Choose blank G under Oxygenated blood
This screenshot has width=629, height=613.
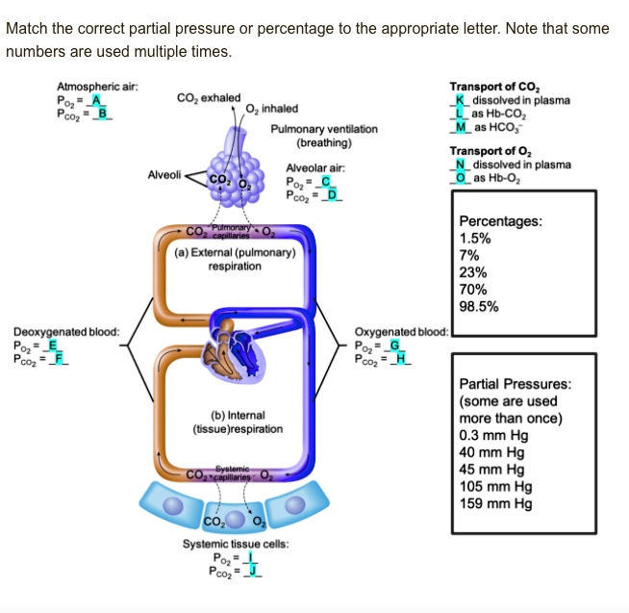point(393,347)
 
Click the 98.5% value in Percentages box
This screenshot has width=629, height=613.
point(479,307)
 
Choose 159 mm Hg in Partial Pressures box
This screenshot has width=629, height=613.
point(494,503)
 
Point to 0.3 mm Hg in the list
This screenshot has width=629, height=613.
point(494,434)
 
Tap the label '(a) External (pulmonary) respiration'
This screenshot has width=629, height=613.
point(235,259)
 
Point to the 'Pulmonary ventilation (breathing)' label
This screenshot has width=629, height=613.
point(323,136)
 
